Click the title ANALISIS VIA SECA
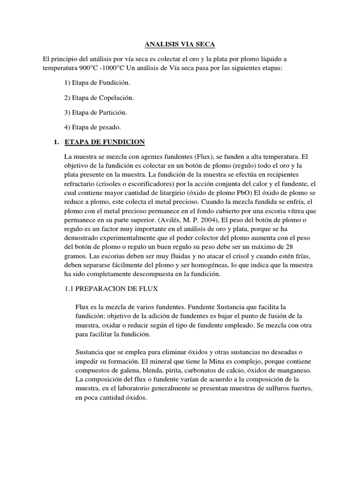click(179, 45)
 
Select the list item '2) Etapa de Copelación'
click(99, 97)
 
